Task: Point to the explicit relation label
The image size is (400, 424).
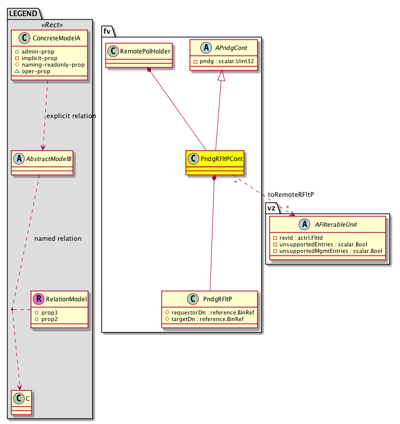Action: pyautogui.click(x=71, y=116)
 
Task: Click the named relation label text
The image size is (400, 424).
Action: pyautogui.click(x=58, y=238)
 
